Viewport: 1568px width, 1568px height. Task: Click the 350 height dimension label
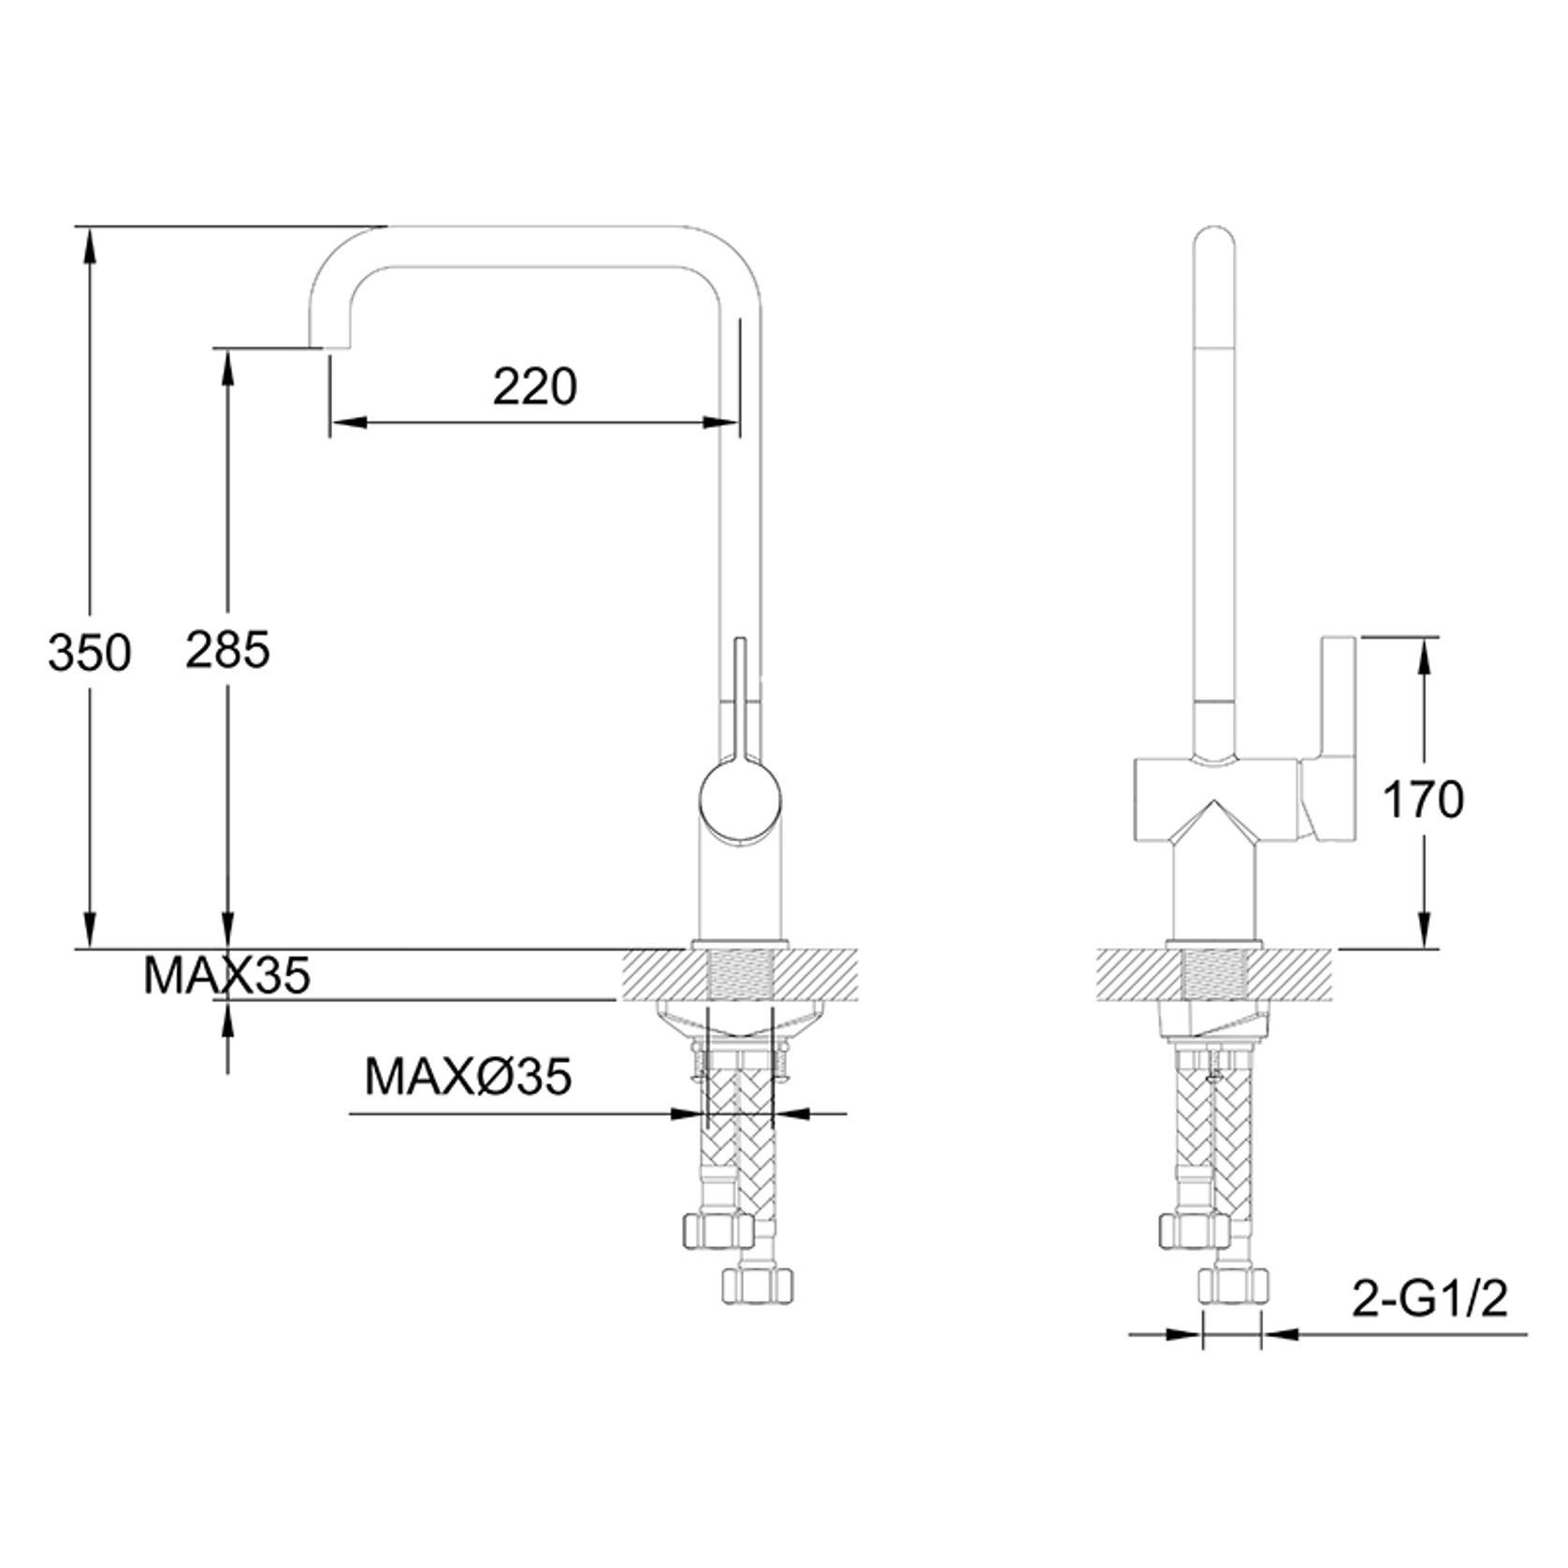click(89, 653)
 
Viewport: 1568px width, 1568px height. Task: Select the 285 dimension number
click(227, 649)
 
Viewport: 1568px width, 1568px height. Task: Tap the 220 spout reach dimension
click(535, 386)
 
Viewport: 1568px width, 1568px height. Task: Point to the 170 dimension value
click(1423, 801)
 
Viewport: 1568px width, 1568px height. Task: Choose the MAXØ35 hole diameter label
click(468, 1077)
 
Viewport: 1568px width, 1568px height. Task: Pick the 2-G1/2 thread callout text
click(1430, 1301)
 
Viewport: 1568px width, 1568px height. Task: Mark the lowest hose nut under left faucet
click(758, 1285)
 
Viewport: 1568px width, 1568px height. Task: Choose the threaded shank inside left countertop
click(740, 974)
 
